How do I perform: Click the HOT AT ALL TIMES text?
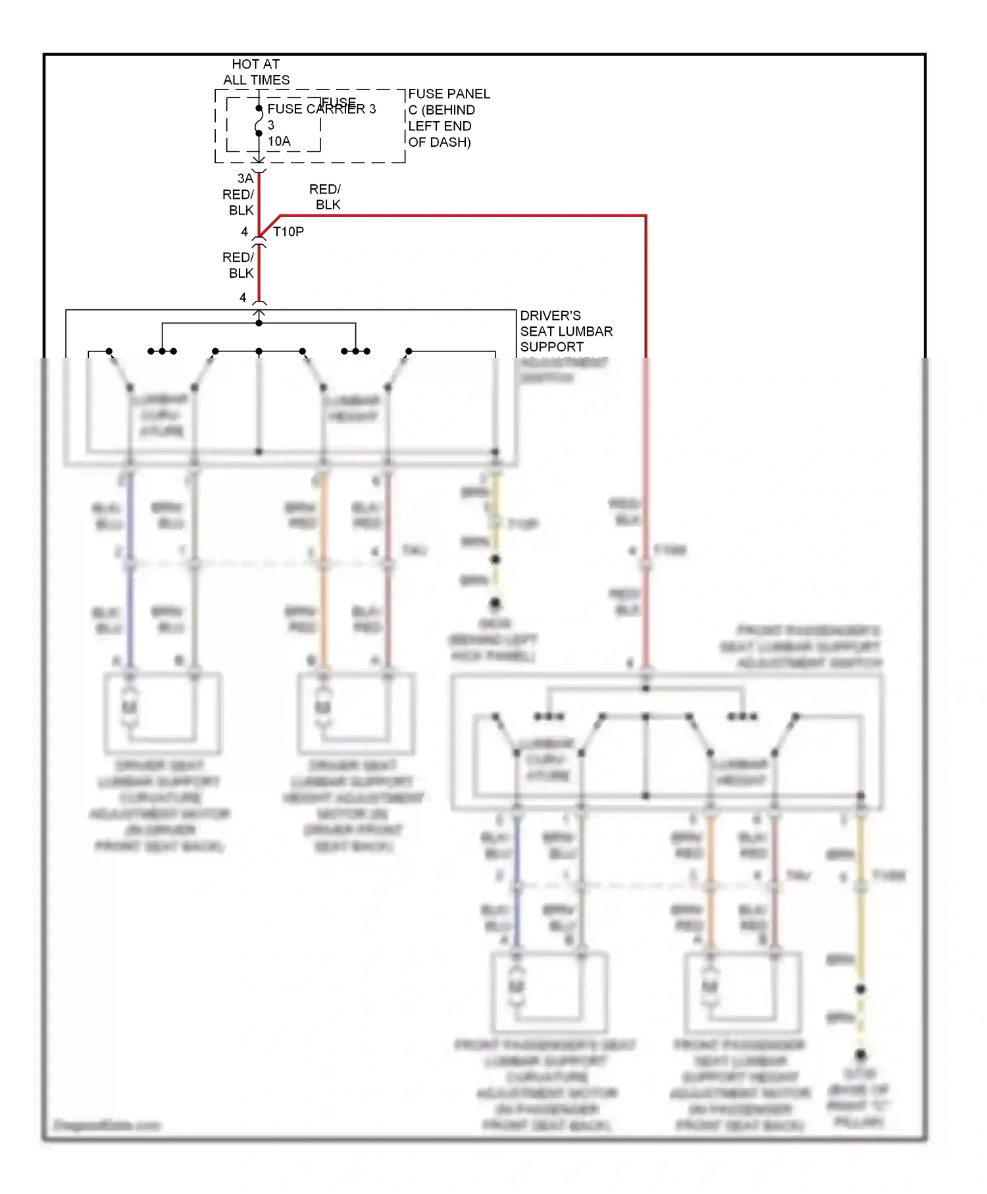(256, 72)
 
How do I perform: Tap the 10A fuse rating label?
(279, 141)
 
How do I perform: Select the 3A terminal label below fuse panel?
(245, 178)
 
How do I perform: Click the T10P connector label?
(288, 232)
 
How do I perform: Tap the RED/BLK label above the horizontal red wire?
(326, 197)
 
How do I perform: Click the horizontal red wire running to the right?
(461, 215)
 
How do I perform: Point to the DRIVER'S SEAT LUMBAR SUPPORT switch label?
(565, 331)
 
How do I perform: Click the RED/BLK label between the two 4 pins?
(239, 265)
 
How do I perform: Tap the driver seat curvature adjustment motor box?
(162, 713)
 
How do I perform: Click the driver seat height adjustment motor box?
(356, 713)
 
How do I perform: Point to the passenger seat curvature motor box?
(549, 992)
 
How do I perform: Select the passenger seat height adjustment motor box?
(742, 992)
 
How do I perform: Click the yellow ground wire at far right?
(860, 935)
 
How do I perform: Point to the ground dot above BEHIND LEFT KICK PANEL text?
(495, 602)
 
